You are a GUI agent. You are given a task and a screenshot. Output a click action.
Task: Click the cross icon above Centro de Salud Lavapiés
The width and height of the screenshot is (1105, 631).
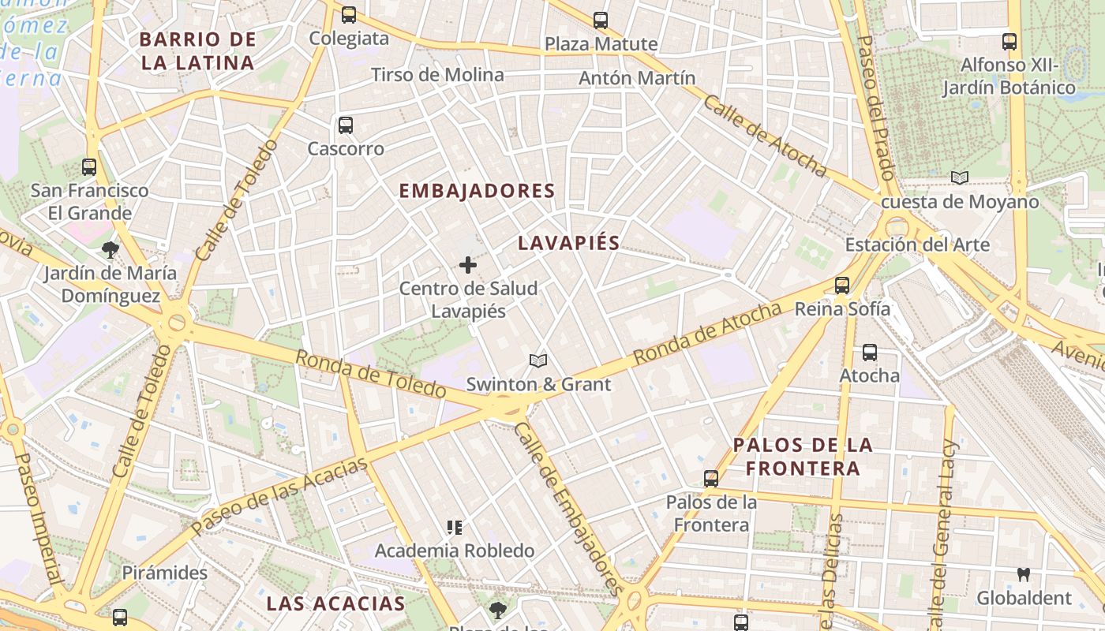pos(468,266)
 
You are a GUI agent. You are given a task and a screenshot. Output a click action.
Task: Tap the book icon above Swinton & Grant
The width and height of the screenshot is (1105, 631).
pos(538,360)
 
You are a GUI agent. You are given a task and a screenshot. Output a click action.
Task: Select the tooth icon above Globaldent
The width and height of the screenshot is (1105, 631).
pos(1024,575)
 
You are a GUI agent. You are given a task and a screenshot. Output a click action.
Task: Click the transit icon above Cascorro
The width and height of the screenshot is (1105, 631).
pos(345,125)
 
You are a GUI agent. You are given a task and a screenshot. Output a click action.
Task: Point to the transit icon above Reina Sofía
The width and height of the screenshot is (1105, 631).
pos(842,286)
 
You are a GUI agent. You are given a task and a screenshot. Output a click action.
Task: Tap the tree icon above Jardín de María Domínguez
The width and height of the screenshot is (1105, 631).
pos(110,250)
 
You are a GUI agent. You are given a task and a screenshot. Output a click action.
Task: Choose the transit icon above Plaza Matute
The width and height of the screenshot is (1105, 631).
pos(601,20)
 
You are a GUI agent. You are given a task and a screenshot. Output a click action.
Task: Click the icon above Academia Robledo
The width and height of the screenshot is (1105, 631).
pos(454,527)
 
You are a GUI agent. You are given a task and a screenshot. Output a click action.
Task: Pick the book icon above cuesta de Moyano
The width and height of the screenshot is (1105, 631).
pos(959,178)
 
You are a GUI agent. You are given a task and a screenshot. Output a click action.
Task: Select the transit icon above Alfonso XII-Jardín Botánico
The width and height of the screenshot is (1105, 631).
pos(1009,42)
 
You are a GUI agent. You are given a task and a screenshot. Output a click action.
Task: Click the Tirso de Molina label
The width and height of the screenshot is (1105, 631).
pos(437,75)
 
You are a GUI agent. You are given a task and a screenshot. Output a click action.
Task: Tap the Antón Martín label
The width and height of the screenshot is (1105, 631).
pos(637,78)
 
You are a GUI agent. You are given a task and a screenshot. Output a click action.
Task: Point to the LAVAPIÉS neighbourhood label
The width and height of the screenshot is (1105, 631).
pos(568,243)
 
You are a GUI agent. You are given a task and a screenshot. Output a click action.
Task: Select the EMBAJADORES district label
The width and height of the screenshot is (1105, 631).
pos(477,191)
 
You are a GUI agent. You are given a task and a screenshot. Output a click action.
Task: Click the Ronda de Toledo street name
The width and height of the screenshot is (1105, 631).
pos(370,373)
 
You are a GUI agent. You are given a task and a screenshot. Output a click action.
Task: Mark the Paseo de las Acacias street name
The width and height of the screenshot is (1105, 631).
pos(279,494)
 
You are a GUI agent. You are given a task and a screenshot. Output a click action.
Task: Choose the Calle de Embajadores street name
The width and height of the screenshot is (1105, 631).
pos(567,509)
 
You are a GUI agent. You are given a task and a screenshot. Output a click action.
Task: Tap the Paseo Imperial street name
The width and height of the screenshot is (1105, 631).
pos(37,517)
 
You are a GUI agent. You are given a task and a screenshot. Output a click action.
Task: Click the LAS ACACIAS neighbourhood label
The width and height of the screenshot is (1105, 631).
pos(335,604)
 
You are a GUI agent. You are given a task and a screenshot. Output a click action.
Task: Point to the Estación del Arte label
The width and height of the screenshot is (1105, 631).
pos(917,245)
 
